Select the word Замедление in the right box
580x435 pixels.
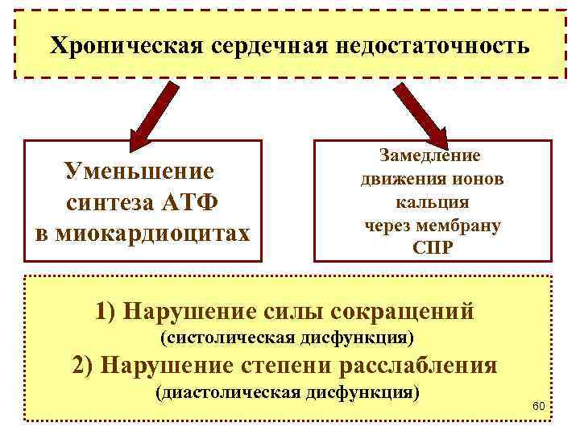[432, 155]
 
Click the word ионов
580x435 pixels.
[477, 179]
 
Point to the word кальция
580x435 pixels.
[432, 202]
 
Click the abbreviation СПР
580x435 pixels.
[433, 248]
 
